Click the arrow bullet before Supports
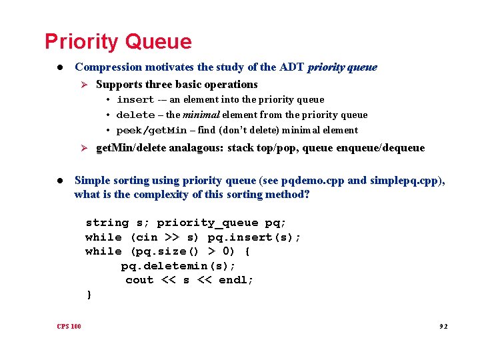pyautogui.click(x=84, y=85)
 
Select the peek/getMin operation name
pyautogui.click(x=151, y=130)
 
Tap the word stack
pyautogui.click(x=241, y=148)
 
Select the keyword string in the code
pyautogui.click(x=107, y=223)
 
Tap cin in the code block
pyautogui.click(x=147, y=237)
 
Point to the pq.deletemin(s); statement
pyautogui.click(x=178, y=266)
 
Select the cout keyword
pyautogui.click(x=139, y=280)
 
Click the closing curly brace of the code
pyautogui.click(x=88, y=295)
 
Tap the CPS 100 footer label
pyautogui.click(x=69, y=326)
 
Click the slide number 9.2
pyautogui.click(x=443, y=327)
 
